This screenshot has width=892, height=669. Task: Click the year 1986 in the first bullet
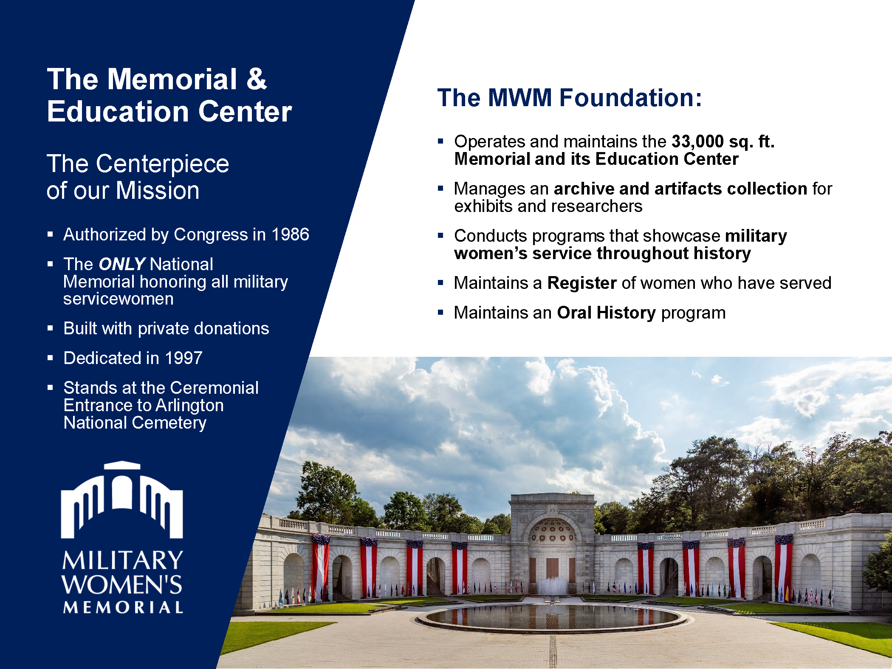coord(290,234)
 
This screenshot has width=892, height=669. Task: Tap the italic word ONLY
coord(122,264)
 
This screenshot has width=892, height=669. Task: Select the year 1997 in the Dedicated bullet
coord(183,358)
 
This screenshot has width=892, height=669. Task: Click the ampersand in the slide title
coord(257,79)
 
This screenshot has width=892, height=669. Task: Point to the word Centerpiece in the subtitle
coord(162,164)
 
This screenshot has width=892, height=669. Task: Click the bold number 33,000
coord(697,141)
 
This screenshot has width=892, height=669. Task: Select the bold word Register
coord(581,283)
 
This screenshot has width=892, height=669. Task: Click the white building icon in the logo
coord(122,500)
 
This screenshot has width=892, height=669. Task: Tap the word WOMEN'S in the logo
coord(122,584)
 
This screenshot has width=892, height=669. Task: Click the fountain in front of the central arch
coord(552,586)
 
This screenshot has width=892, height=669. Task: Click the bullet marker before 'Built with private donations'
coord(50,328)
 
